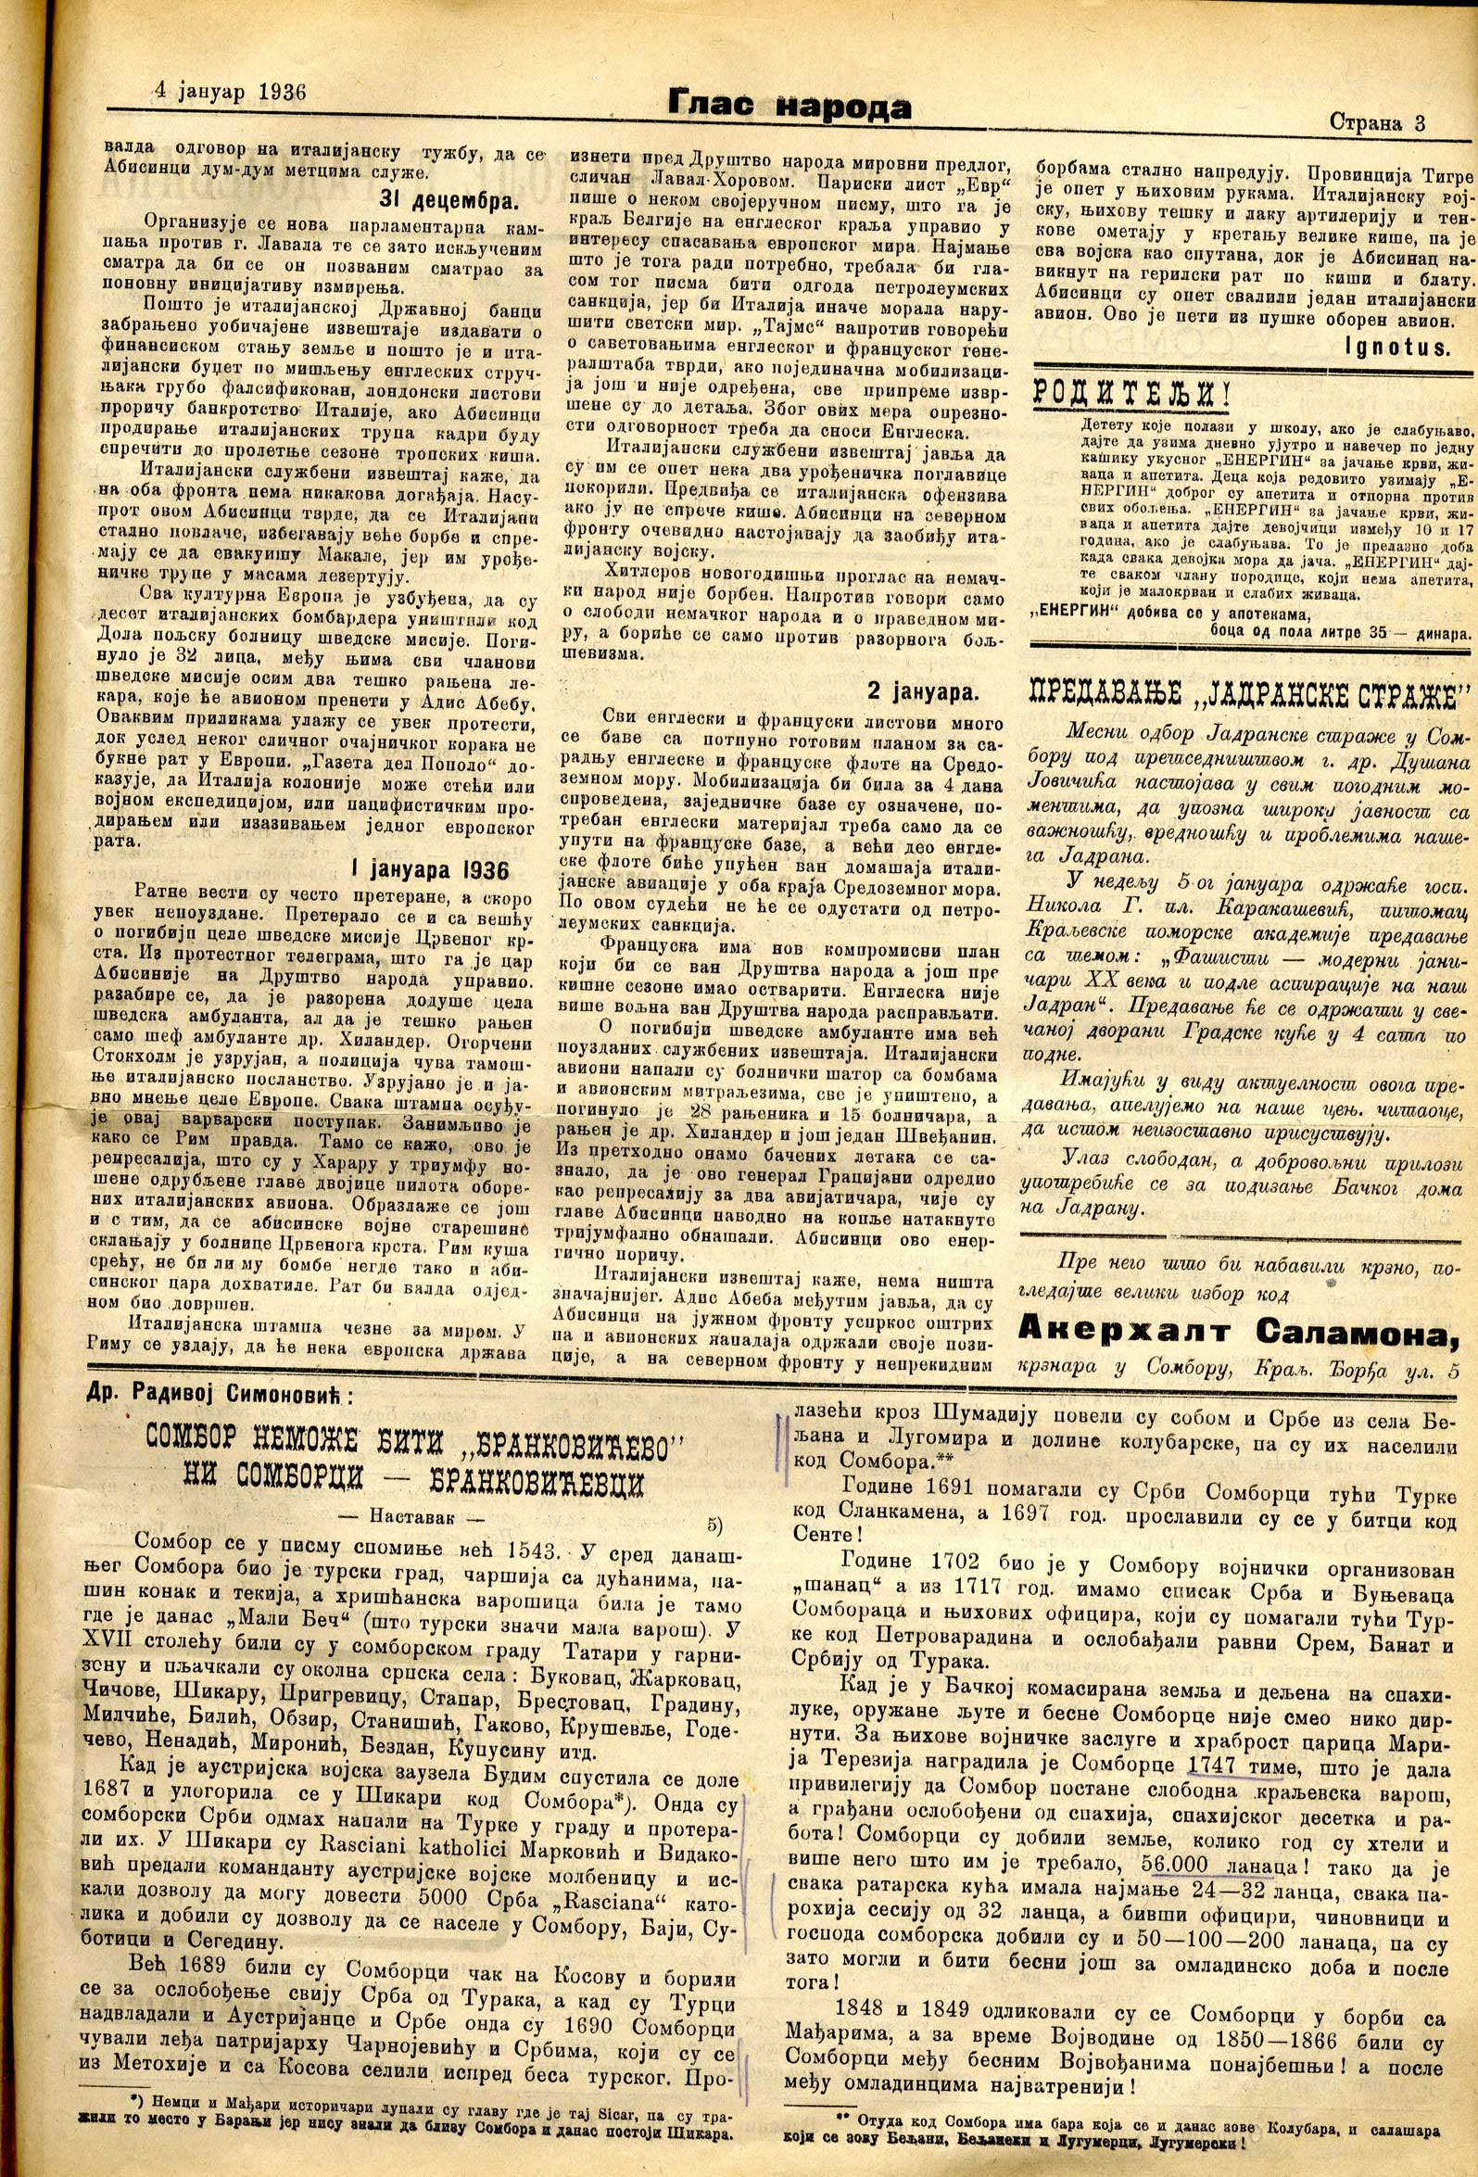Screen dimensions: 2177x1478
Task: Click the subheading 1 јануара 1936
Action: (430, 868)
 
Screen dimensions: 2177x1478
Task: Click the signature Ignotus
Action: (1398, 348)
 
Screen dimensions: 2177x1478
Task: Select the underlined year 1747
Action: (1213, 1766)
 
